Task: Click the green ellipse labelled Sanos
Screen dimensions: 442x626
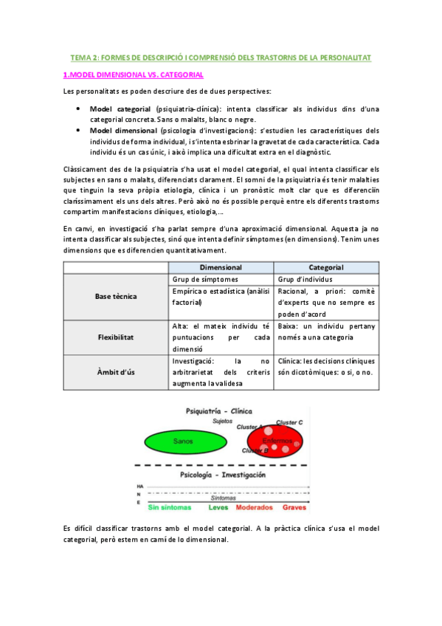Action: pos(183,441)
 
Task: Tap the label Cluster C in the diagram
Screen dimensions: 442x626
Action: pos(290,422)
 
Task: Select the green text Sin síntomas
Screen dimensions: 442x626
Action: pos(169,508)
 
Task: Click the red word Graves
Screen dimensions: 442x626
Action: pos(294,508)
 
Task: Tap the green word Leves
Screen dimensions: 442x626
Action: pos(218,508)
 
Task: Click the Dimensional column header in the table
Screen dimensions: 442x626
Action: pos(221,267)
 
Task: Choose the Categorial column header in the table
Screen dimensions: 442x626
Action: pos(325,267)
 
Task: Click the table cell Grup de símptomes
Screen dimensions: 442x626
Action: pos(205,279)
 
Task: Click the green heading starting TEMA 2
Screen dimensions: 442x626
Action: pos(221,57)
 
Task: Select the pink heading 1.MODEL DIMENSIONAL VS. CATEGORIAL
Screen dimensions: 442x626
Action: pos(133,75)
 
